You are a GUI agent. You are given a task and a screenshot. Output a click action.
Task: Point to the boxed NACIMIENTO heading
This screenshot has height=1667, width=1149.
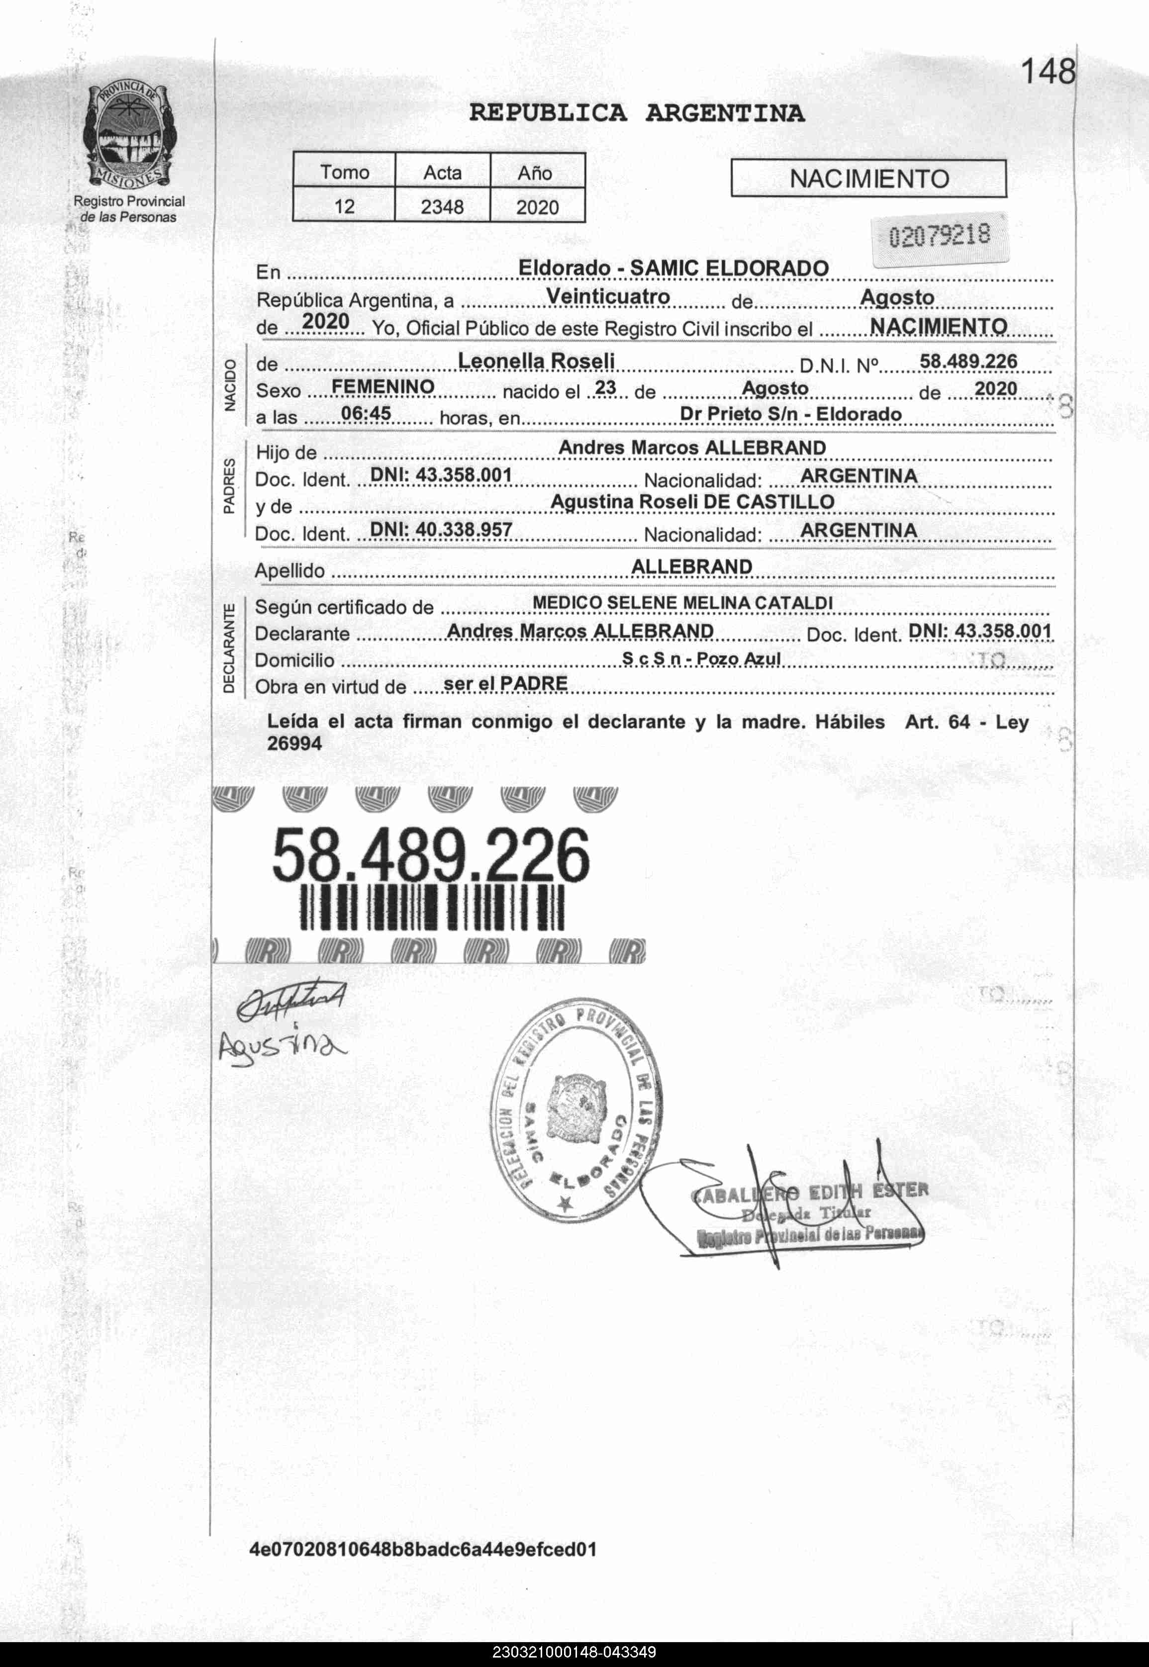click(868, 179)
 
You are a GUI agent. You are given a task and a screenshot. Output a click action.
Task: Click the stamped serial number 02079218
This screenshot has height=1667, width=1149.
click(940, 235)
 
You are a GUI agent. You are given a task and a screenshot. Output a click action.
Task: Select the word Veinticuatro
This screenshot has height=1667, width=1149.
click(608, 296)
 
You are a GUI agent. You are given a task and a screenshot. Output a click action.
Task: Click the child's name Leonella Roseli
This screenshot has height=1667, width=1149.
click(536, 361)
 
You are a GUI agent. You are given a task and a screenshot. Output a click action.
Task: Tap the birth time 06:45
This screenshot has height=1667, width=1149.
click(366, 413)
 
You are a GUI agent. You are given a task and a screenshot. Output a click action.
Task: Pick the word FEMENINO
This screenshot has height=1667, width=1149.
click(383, 387)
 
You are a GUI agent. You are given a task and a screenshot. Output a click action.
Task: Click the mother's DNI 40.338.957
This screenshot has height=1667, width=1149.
click(441, 530)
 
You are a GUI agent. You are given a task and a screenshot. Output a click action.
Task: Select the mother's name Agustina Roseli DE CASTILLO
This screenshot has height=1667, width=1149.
click(692, 502)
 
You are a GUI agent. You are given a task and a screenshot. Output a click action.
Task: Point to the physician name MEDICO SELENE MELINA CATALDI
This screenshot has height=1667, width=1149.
click(682, 602)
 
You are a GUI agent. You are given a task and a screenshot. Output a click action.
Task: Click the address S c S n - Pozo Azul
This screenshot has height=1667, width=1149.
click(701, 658)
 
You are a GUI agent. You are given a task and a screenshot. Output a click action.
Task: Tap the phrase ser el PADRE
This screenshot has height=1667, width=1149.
click(505, 683)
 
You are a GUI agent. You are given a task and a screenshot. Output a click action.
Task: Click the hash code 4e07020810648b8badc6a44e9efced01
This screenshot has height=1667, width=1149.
click(423, 1549)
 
